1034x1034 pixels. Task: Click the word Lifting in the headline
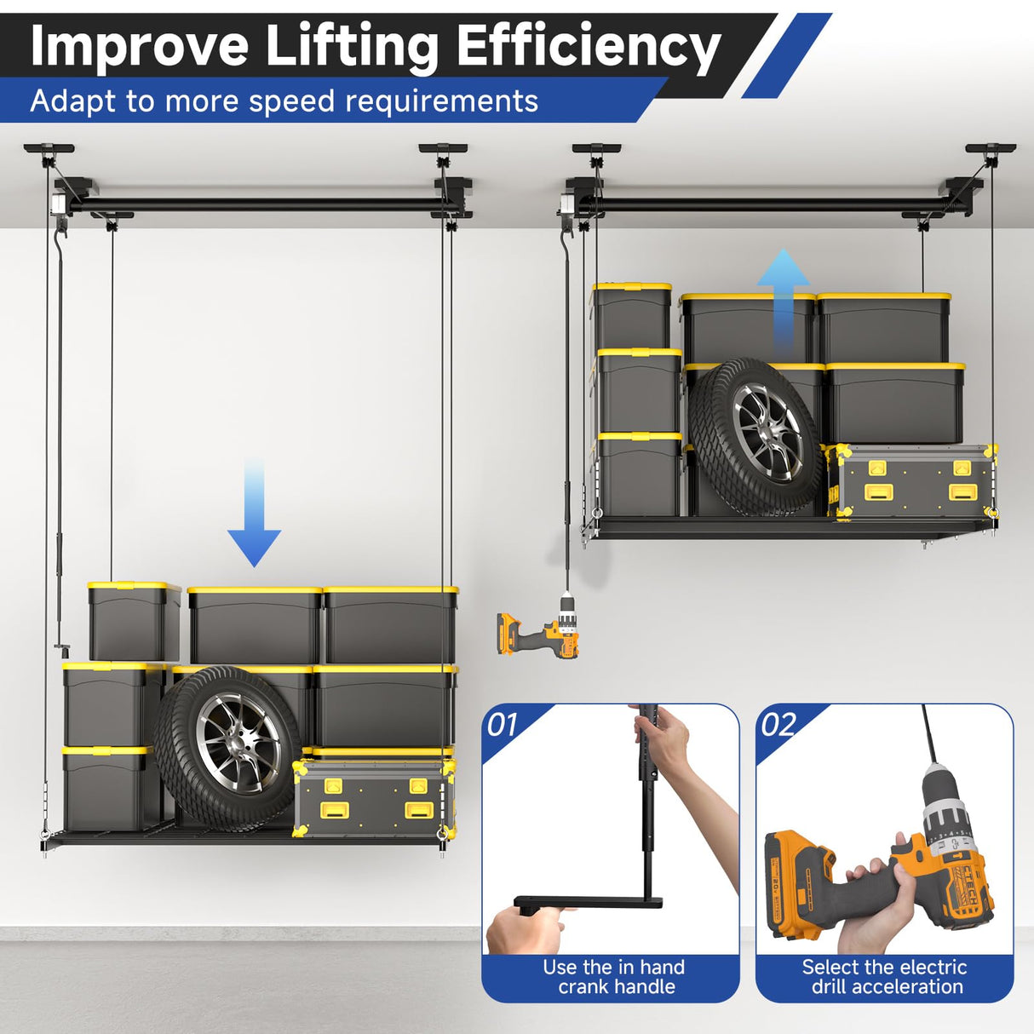353,46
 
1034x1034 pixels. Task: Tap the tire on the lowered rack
227,749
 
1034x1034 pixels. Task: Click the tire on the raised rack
756,437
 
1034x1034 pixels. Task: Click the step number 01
503,726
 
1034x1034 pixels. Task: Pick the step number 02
778,726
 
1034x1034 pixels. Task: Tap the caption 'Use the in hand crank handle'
615,977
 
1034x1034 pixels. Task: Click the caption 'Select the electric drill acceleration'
885,977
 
